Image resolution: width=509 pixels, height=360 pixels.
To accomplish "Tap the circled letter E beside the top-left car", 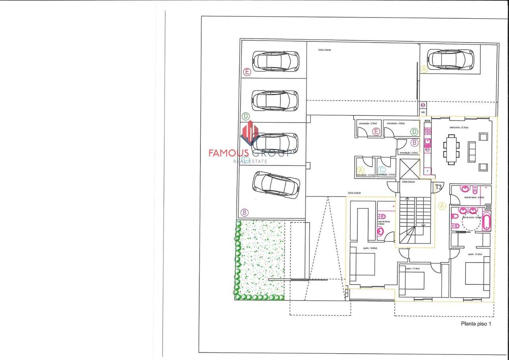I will click(247, 72).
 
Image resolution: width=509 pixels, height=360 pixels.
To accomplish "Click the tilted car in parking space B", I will click(275, 185).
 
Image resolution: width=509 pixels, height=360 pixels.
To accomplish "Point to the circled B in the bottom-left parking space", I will click(245, 212).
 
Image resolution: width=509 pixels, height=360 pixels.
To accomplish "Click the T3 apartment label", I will click(439, 187).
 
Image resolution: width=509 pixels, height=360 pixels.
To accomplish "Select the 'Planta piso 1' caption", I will click(476, 324).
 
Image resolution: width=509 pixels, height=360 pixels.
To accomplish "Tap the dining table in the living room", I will click(451, 149).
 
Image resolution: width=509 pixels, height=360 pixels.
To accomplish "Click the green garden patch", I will click(258, 261).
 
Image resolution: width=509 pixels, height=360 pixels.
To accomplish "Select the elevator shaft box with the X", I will click(410, 169).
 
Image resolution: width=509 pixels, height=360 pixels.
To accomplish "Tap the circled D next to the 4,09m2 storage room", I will click(414, 131).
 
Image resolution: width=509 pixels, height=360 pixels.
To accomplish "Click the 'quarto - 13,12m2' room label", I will click(475, 254).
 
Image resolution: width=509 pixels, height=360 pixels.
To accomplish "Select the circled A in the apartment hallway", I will click(442, 206).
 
